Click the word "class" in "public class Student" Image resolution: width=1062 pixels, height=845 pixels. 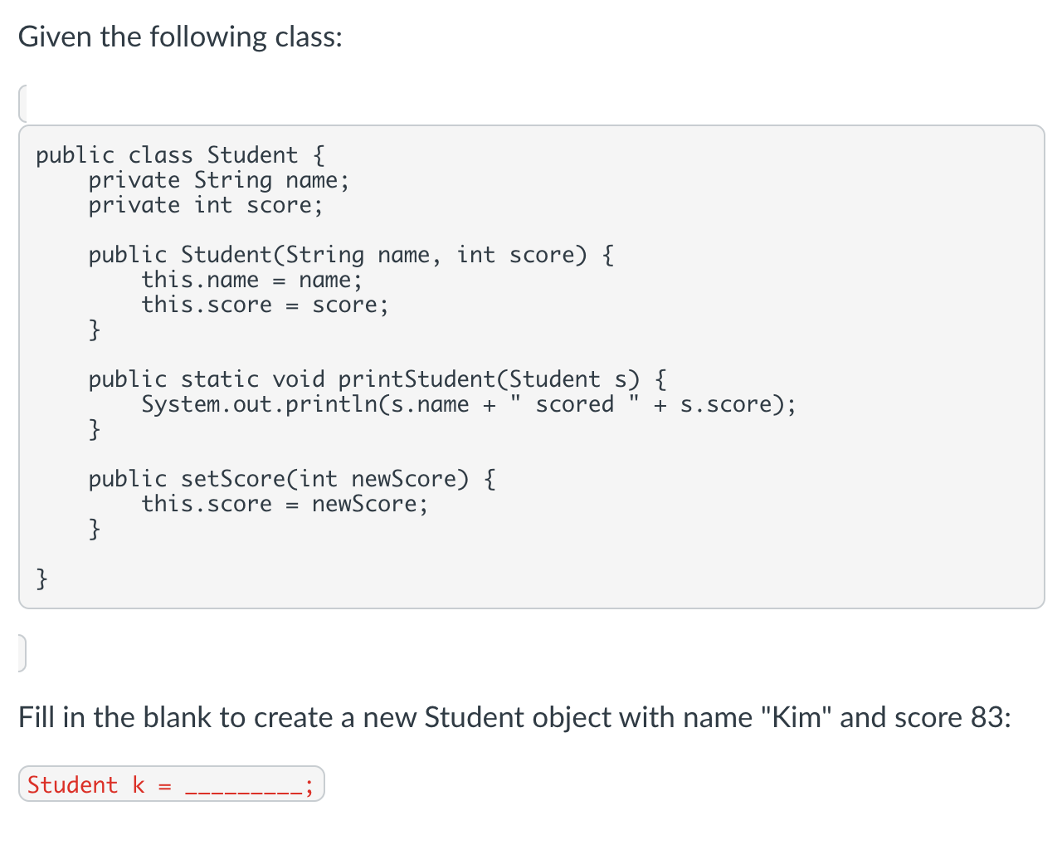point(160,155)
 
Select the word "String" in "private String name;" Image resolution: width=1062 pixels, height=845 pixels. point(233,180)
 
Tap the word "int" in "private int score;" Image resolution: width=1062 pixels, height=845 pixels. point(213,205)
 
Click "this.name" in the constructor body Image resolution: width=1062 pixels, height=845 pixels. point(200,280)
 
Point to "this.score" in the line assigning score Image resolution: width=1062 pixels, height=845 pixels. point(207,305)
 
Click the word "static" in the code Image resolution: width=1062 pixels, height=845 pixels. point(220,379)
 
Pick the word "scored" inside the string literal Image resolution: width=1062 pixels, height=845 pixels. point(575,404)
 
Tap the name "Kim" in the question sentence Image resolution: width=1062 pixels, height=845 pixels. point(796,717)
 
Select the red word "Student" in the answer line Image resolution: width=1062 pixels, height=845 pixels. point(73,785)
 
